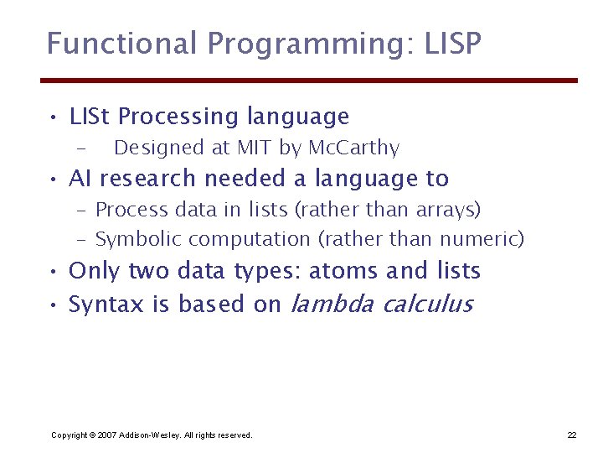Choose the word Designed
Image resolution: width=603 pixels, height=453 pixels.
159,148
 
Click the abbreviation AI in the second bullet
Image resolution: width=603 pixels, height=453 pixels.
80,179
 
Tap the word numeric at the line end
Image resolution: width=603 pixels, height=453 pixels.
487,240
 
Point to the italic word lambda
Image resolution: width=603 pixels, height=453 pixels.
332,304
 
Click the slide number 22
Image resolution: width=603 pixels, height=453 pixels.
572,435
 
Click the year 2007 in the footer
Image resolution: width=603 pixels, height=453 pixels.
106,435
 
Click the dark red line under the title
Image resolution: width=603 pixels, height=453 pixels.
309,81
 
